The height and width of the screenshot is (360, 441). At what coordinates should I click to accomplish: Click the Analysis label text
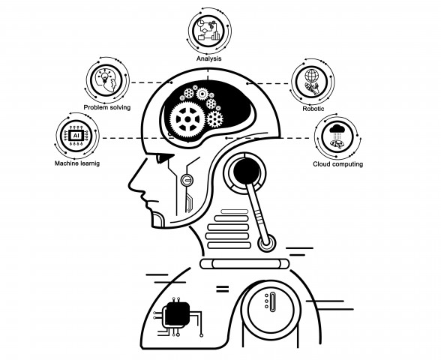coord(208,58)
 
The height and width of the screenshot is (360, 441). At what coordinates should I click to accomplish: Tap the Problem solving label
coord(107,107)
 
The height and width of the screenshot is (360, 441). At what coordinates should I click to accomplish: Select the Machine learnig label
coord(77,163)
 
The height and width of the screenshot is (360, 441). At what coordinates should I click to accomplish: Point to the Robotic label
coord(313,109)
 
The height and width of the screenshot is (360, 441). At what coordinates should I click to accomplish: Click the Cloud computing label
coord(337,164)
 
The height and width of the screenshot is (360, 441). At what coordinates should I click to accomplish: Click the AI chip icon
coord(76,136)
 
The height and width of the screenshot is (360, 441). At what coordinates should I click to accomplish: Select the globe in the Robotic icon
coord(312,75)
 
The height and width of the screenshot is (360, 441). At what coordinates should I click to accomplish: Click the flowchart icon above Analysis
coord(209,30)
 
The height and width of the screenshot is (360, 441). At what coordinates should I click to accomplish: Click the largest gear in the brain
coord(187,119)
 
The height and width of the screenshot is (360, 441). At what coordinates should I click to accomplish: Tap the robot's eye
coord(163,157)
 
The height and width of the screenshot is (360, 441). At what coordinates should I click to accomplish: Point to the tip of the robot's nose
coord(129,186)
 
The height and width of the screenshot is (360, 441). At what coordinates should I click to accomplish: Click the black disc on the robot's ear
coord(246,171)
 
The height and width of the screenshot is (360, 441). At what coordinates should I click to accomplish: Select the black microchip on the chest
coord(177,313)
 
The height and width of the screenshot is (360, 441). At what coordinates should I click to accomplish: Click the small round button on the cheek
coord(187,180)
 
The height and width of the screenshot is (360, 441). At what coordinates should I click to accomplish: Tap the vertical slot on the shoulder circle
coord(272,301)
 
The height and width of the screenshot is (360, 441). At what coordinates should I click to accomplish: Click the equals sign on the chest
coord(222,289)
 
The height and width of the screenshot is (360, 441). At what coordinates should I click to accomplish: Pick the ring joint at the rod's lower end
coord(266,243)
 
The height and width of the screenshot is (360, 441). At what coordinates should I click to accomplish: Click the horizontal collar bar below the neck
coord(244,264)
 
